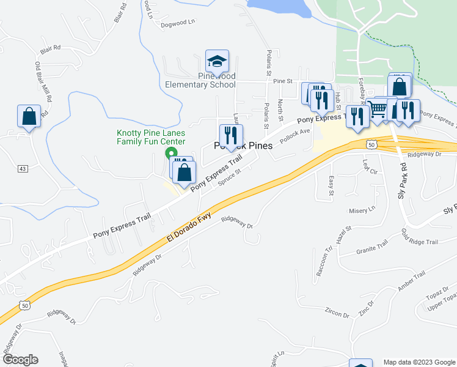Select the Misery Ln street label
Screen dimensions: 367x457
click(x=363, y=209)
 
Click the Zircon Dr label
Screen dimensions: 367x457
click(x=337, y=314)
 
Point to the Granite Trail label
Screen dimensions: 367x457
click(x=373, y=248)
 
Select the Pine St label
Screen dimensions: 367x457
click(x=283, y=81)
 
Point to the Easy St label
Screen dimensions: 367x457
click(x=332, y=185)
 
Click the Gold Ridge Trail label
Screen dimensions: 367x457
click(x=419, y=237)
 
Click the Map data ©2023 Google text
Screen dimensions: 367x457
click(x=419, y=362)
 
